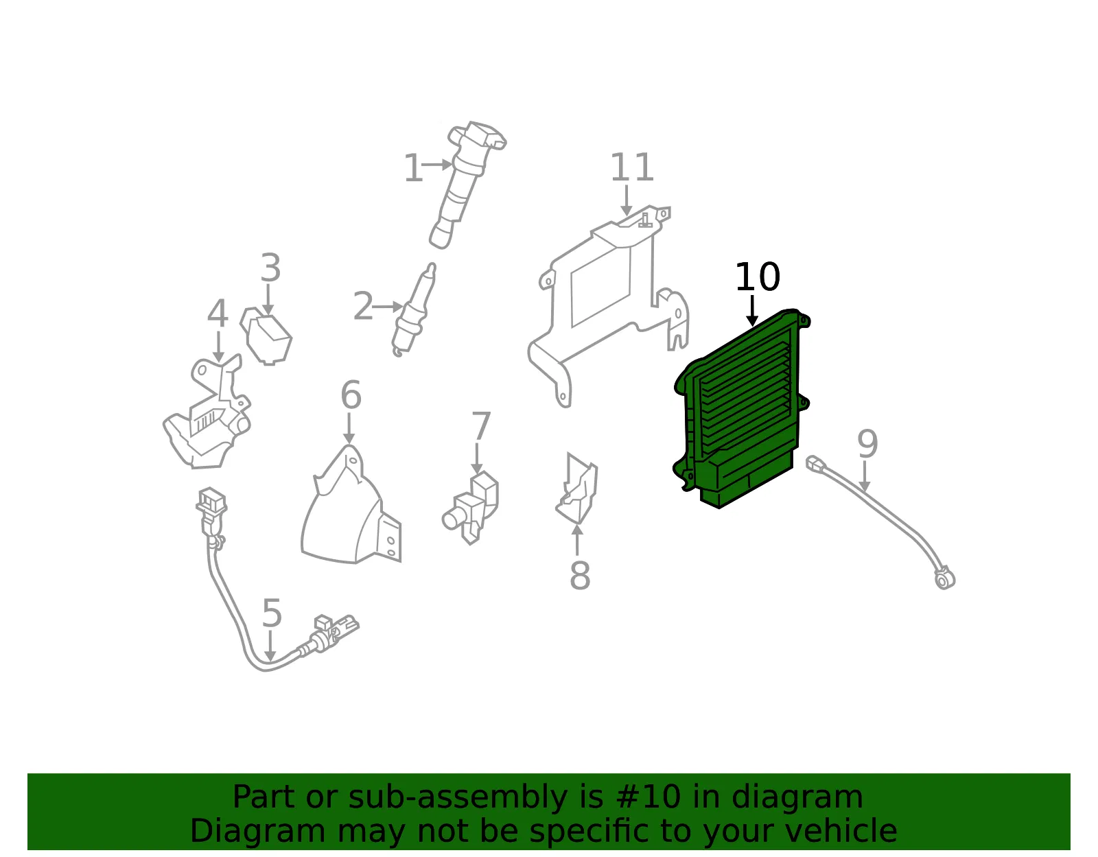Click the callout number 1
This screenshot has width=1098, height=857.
click(x=412, y=168)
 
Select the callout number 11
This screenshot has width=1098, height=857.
click(x=631, y=167)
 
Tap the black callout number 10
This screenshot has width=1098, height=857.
click(x=757, y=277)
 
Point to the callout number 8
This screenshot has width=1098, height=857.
click(x=580, y=575)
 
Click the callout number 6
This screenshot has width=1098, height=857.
click(x=351, y=395)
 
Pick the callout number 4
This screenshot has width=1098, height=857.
click(x=218, y=314)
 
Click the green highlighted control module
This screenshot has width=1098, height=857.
click(x=742, y=408)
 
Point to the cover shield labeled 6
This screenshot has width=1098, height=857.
click(x=351, y=505)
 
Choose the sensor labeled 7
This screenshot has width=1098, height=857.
click(x=471, y=507)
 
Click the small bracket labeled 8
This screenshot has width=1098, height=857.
click(x=576, y=488)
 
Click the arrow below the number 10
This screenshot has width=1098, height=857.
click(x=752, y=311)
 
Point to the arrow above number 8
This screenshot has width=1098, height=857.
click(x=577, y=541)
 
